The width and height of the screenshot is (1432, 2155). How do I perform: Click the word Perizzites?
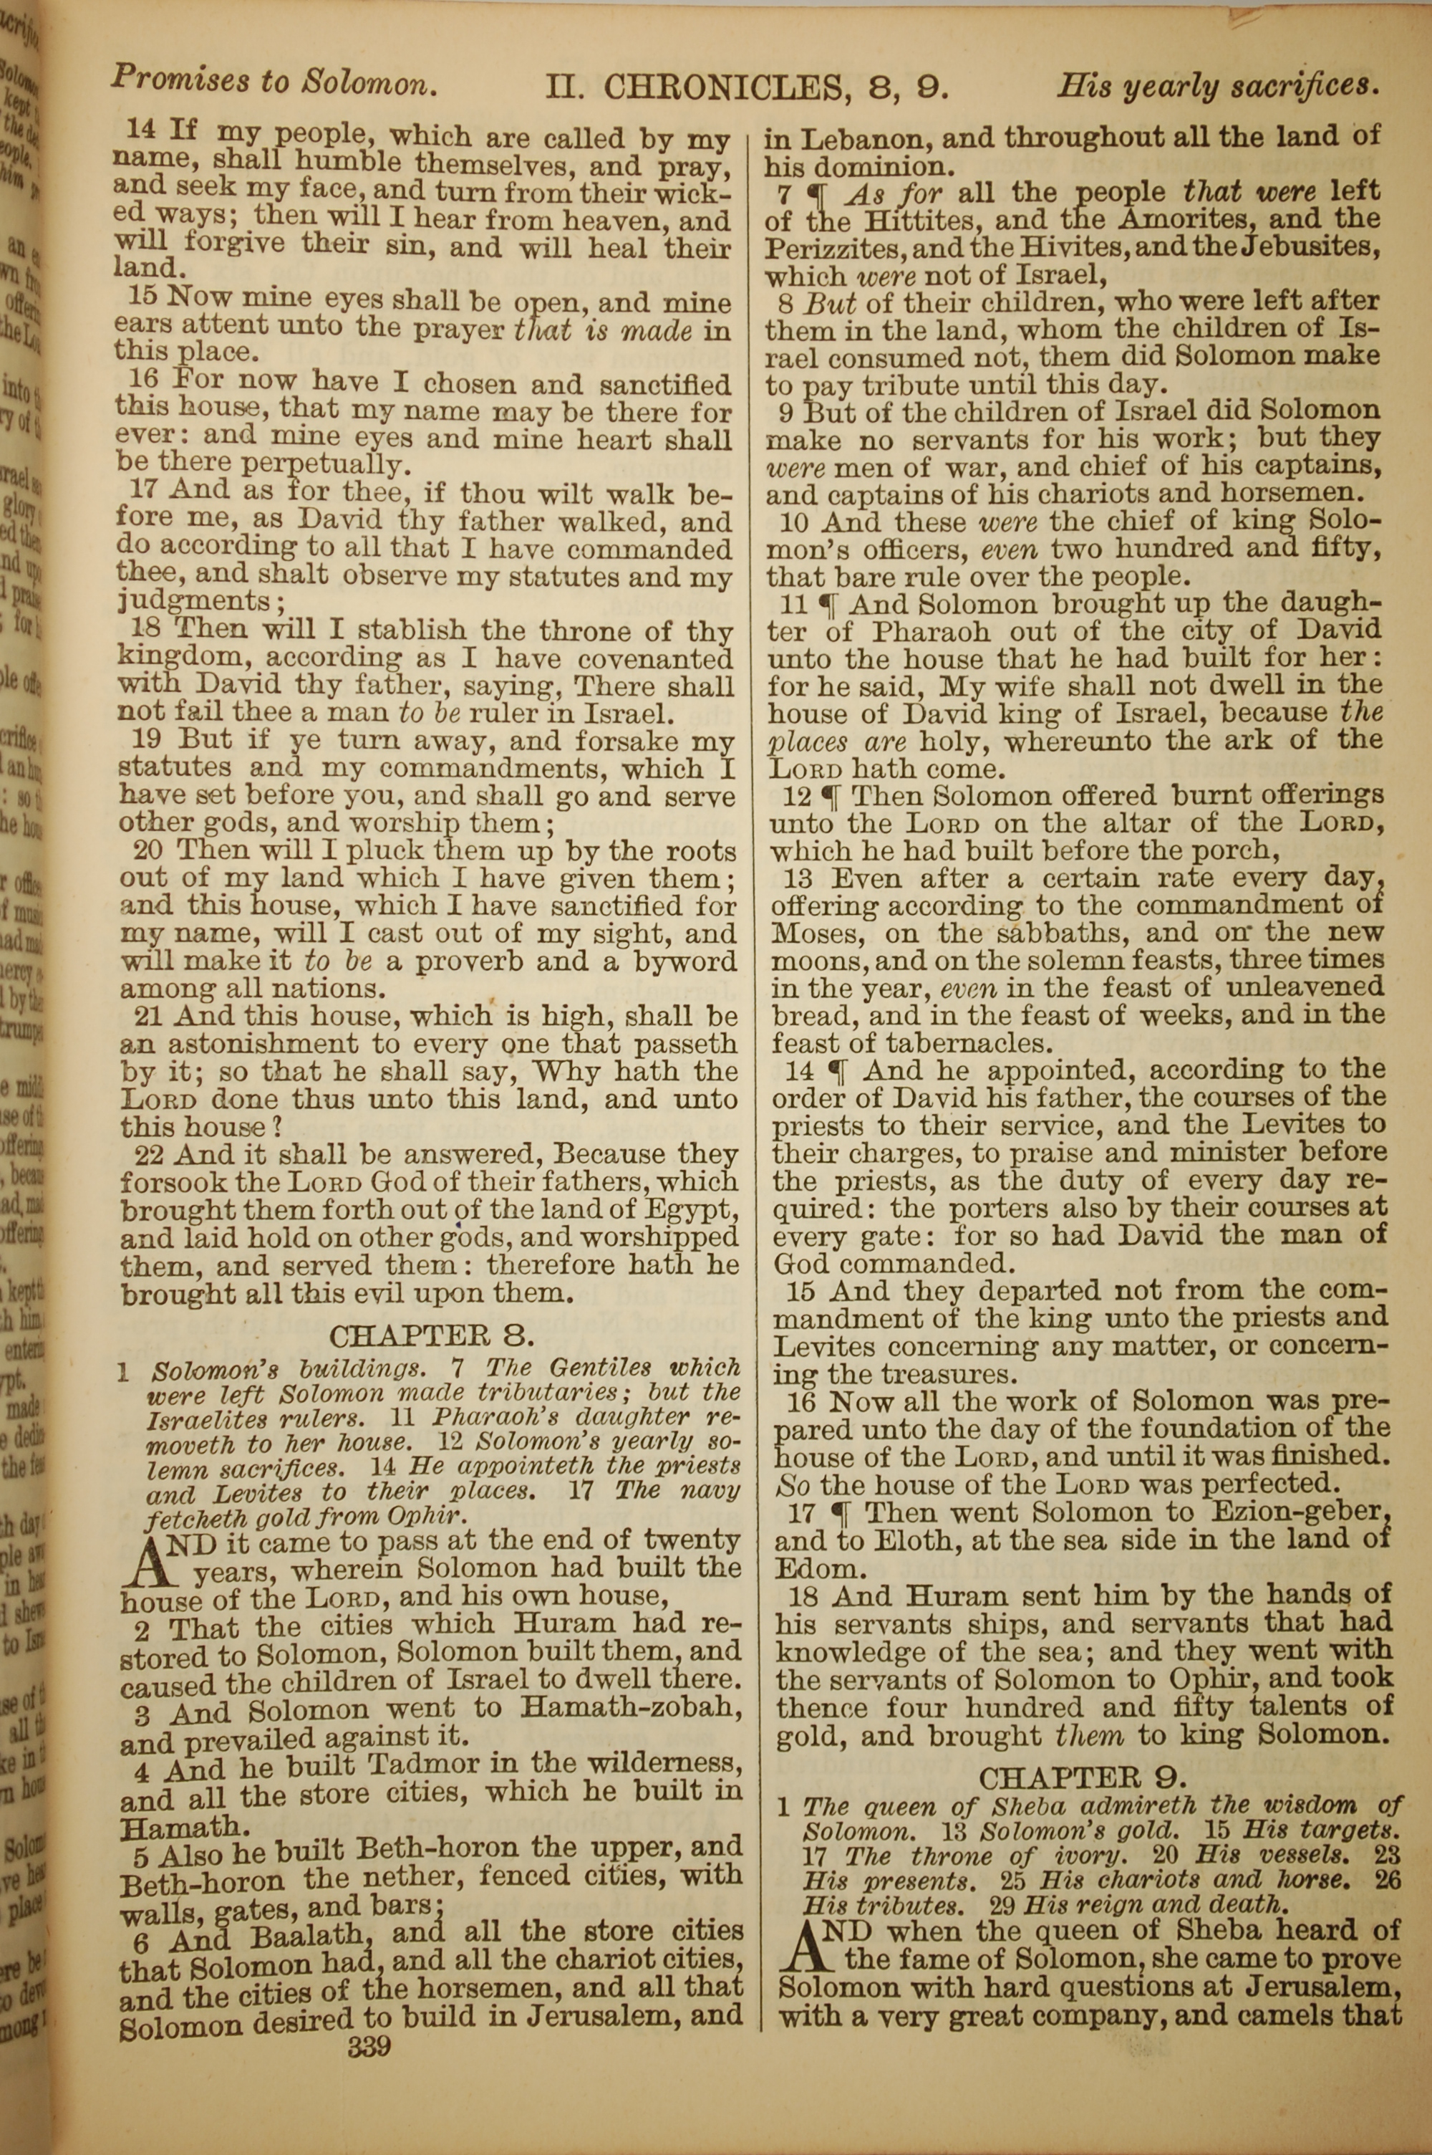click(831, 248)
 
